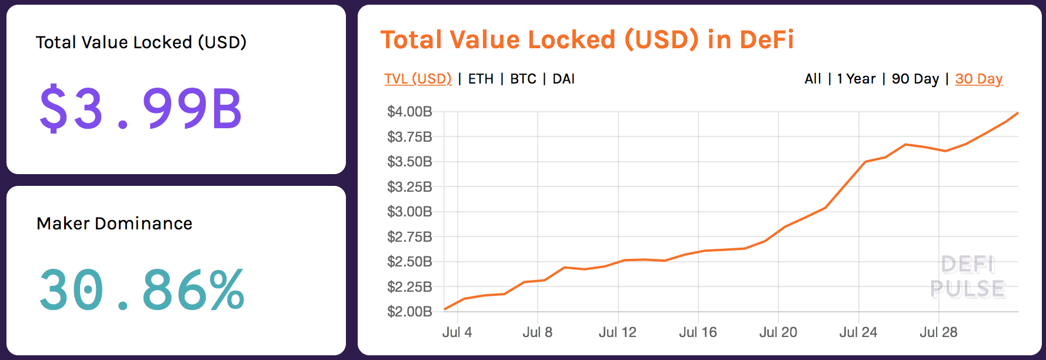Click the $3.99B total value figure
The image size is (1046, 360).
[x=140, y=108]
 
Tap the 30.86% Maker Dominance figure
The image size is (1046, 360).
[x=141, y=289]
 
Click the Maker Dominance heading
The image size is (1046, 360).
[x=114, y=224]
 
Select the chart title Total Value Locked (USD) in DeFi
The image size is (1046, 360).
[x=587, y=40]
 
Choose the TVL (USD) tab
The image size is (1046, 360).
[x=418, y=79]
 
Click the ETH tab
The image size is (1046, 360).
[x=481, y=79]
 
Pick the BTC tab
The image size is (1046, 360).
[x=523, y=79]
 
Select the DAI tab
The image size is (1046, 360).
[x=564, y=79]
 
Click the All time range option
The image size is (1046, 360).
[x=812, y=79]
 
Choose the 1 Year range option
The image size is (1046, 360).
[x=856, y=79]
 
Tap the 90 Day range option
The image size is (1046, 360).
[x=915, y=79]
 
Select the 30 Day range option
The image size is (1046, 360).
[x=978, y=79]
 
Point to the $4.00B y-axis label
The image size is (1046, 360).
[x=409, y=112]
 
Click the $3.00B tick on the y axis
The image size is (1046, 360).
[x=409, y=212]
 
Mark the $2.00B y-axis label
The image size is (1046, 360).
[x=409, y=312]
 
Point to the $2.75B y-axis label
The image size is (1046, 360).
[x=409, y=237]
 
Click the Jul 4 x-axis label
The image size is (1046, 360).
[x=457, y=332]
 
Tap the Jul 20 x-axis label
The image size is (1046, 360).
[x=778, y=332]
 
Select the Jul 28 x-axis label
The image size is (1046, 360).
[x=938, y=332]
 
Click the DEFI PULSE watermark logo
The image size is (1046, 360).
[x=968, y=277]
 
